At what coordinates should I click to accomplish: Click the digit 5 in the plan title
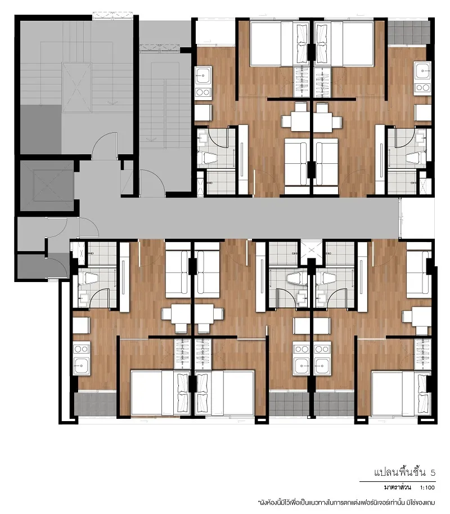pos(433,472)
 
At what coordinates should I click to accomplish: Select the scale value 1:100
pos(427,488)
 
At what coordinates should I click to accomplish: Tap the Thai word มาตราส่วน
pos(397,487)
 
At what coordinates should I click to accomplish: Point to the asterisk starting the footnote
pos(259,501)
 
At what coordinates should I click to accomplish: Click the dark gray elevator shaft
pos(47,186)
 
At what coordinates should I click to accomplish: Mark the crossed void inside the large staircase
pos(76,87)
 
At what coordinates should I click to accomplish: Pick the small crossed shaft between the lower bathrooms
pos(311,251)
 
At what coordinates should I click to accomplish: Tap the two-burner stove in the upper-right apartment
pos(422,87)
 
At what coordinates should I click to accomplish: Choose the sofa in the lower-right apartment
pos(418,274)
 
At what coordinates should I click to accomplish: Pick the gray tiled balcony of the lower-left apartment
pos(95,404)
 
